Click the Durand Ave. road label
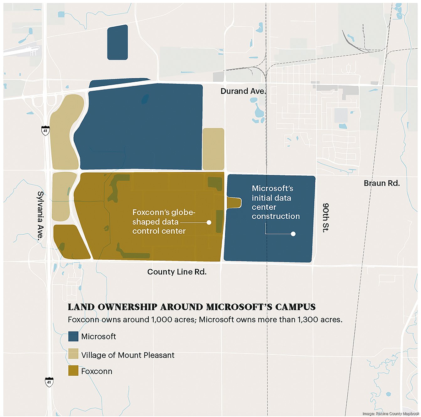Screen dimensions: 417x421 (243, 91)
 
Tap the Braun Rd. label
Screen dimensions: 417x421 (382, 183)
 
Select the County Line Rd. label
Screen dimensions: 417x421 (177, 272)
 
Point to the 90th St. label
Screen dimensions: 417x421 (326, 217)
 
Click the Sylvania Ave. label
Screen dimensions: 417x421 (40, 216)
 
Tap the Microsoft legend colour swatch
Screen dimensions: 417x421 (73, 336)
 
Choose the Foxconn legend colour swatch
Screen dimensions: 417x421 (73, 371)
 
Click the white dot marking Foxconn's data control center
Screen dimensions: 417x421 (209, 222)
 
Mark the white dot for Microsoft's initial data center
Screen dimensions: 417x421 (293, 234)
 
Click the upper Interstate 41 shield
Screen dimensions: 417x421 (45, 130)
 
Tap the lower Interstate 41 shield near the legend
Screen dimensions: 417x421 (49, 382)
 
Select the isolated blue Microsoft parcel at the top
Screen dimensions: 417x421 (118, 42)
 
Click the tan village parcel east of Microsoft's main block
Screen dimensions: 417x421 (213, 149)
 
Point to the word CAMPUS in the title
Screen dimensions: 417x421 (295, 307)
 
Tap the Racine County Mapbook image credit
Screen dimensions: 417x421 (391, 414)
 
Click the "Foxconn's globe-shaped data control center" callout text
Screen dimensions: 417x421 (163, 222)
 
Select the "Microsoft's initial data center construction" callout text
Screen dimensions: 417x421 (275, 202)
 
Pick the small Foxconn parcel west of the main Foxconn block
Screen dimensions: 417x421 (70, 242)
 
